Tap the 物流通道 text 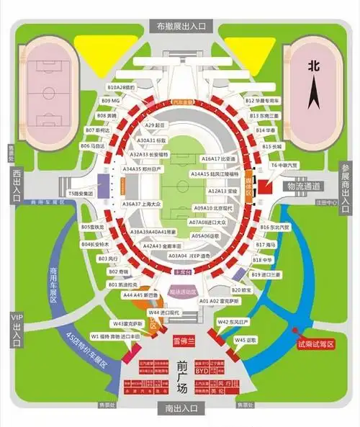(x=302, y=186)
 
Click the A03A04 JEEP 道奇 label (x=189, y=256)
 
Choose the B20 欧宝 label (x=261, y=289)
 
